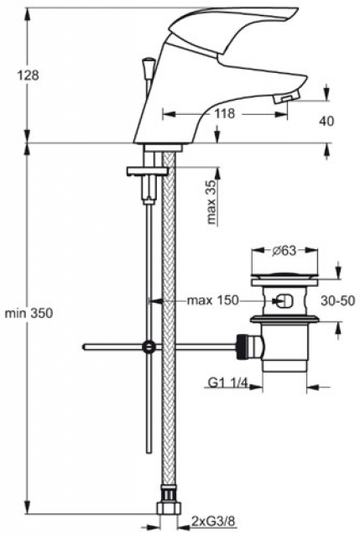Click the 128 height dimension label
pos(28,76)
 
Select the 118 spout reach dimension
pos(225,113)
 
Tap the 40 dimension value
pos(326,121)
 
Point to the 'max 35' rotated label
pos(212,201)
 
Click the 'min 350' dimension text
pos(29,313)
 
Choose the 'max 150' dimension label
pos(212,300)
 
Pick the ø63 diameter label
pos(284,251)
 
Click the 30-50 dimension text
pos(337,300)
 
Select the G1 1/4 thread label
pos(227,383)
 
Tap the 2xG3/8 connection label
pos(213,521)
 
